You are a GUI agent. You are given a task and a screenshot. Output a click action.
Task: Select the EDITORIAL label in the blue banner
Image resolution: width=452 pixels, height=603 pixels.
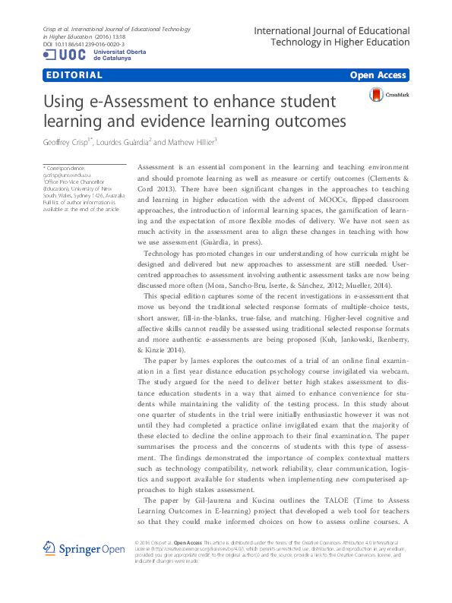click(x=74, y=75)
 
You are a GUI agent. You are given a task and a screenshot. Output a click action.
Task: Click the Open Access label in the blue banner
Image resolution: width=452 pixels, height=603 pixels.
click(x=378, y=75)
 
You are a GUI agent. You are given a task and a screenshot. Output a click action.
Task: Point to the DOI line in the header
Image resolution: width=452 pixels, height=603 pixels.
click(x=82, y=45)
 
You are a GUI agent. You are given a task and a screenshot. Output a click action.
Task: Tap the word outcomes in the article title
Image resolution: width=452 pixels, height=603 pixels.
click(x=308, y=122)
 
